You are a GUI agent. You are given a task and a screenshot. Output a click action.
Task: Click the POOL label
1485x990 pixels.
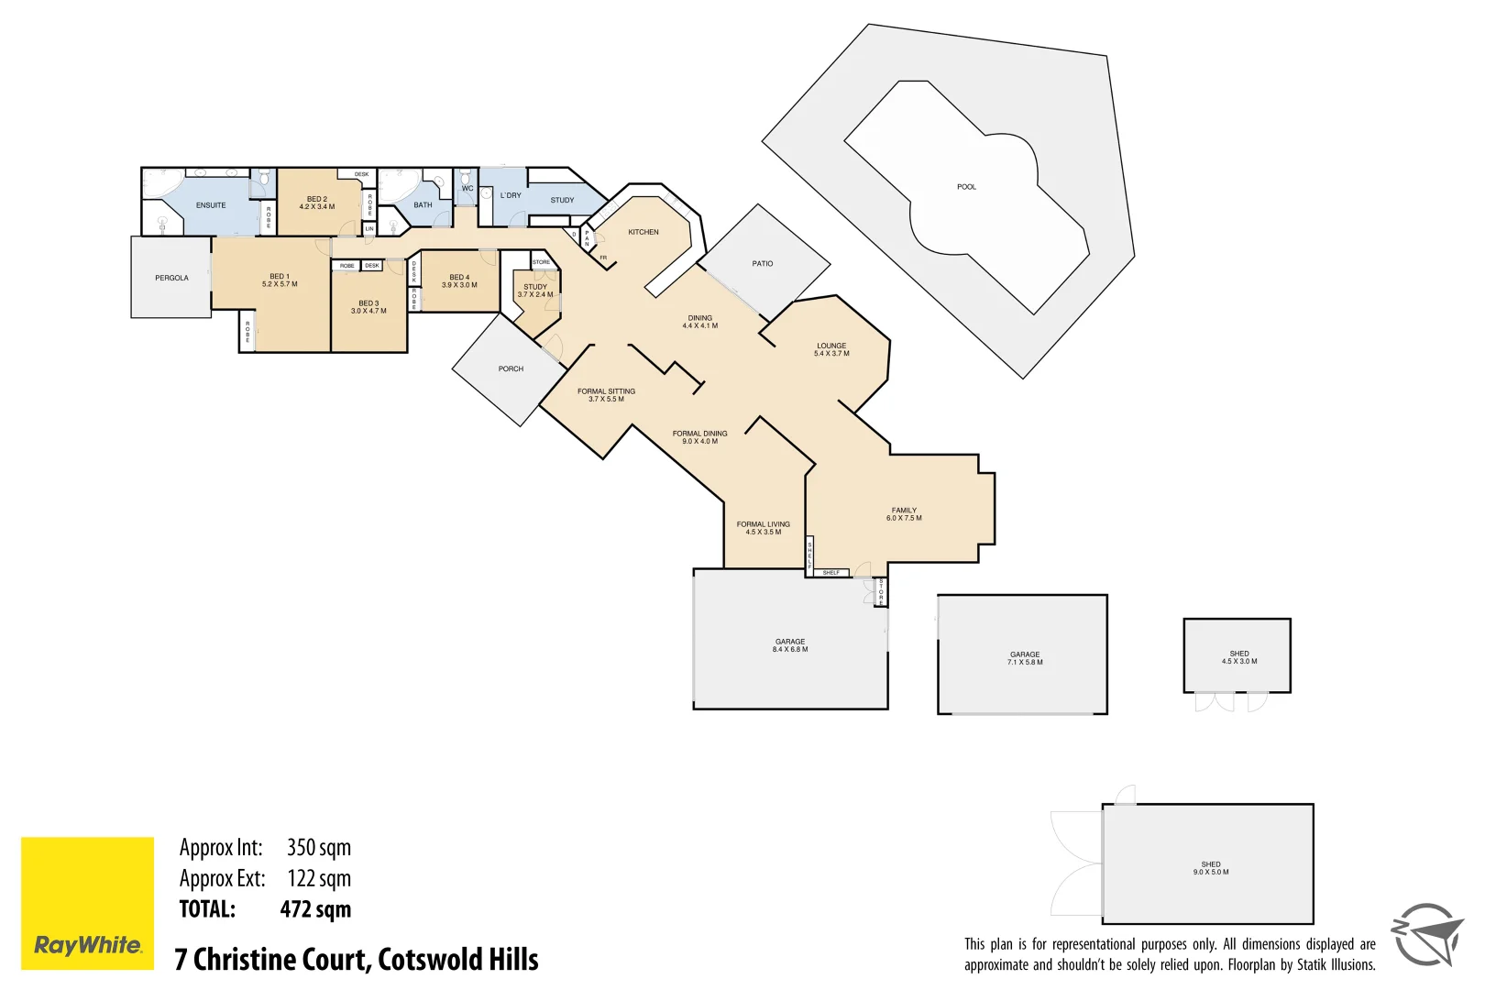[966, 187]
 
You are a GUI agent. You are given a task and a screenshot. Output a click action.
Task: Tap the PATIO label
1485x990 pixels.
[763, 264]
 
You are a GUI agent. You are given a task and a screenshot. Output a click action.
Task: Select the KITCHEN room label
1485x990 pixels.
[643, 232]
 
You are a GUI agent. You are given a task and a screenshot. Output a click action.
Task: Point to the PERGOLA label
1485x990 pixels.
[171, 278]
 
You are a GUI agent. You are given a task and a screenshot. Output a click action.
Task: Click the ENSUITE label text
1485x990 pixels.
[211, 205]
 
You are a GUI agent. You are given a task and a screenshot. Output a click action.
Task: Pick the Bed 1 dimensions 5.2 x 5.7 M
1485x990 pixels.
[280, 285]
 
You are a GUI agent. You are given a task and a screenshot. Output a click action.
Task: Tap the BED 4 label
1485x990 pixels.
[459, 277]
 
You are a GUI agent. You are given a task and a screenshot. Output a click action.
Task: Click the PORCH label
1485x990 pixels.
[511, 369]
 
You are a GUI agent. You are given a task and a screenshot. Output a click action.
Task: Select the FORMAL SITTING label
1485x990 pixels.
[606, 391]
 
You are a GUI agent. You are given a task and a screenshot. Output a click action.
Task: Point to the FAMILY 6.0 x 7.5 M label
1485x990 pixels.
[904, 514]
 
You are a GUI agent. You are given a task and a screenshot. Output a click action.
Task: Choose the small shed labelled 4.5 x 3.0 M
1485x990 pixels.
[1239, 657]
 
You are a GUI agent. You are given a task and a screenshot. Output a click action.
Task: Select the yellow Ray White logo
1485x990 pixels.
[88, 903]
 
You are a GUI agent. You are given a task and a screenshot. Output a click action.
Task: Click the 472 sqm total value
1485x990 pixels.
[315, 909]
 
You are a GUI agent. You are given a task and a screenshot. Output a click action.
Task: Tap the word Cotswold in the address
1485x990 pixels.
[430, 960]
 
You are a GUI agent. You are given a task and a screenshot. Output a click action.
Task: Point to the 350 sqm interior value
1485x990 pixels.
[318, 848]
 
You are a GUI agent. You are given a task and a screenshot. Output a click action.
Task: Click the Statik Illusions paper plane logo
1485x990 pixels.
[1426, 934]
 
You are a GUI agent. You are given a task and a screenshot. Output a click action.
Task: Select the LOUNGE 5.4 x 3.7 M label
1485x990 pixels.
[831, 349]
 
